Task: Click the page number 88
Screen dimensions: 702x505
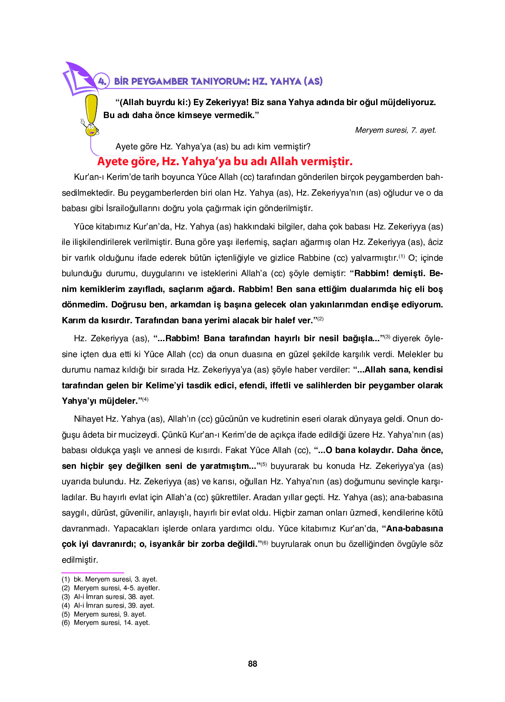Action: [252, 664]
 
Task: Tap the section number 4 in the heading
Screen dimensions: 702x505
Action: [102, 81]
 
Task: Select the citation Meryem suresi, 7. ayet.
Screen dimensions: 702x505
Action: [395, 130]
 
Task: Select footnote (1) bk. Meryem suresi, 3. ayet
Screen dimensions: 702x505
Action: [109, 579]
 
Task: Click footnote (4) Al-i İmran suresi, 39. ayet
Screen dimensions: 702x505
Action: [108, 605]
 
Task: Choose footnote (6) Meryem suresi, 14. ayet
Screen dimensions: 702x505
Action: [106, 622]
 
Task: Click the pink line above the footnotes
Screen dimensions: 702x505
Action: [93, 573]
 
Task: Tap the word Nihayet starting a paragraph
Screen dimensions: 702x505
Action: [88, 419]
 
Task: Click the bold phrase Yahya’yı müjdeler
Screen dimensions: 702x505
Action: [100, 401]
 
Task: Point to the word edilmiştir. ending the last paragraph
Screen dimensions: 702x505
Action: [80, 560]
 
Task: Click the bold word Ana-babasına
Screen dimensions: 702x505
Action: [415, 528]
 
